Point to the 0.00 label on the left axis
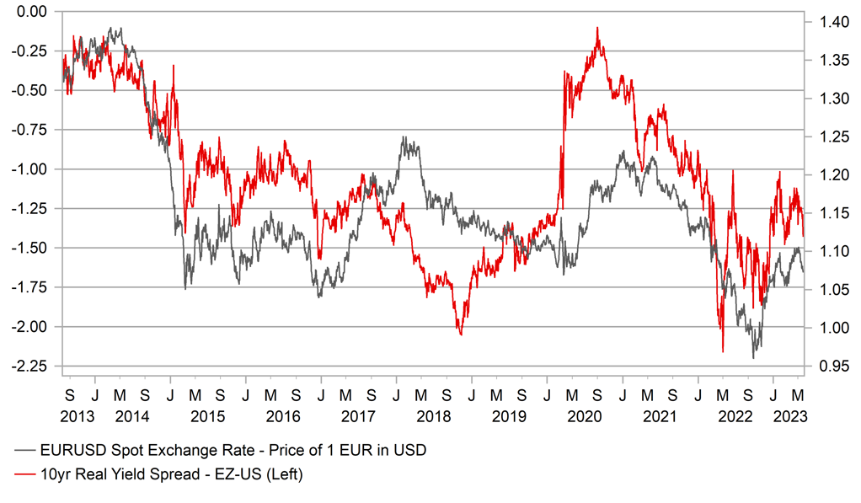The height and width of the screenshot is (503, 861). point(30,12)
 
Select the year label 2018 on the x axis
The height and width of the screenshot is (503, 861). point(434,416)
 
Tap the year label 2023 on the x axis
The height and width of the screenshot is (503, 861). point(792,416)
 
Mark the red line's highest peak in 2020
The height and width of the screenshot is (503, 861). point(597,28)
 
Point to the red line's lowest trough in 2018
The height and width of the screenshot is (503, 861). point(461,334)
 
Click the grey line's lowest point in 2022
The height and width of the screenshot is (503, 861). point(753,358)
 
